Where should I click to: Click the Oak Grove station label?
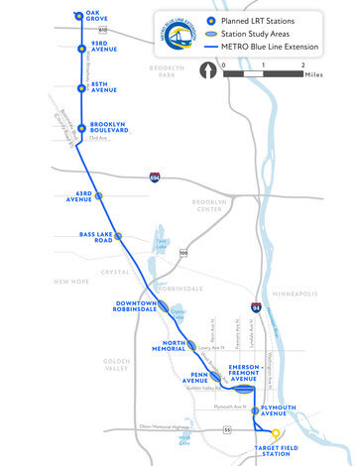(97, 17)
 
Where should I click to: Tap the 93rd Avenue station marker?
(82, 48)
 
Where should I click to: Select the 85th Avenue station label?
(105, 87)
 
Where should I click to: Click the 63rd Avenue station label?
(78, 196)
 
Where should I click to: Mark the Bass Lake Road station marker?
(118, 236)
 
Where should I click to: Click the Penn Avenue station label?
(206, 378)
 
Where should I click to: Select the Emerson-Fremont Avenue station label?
(244, 371)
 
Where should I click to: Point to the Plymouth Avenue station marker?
(255, 409)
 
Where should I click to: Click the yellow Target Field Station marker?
(277, 434)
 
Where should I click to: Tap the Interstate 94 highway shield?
(256, 308)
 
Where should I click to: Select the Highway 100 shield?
(183, 254)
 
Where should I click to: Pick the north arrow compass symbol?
(208, 70)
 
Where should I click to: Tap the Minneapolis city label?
(296, 293)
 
